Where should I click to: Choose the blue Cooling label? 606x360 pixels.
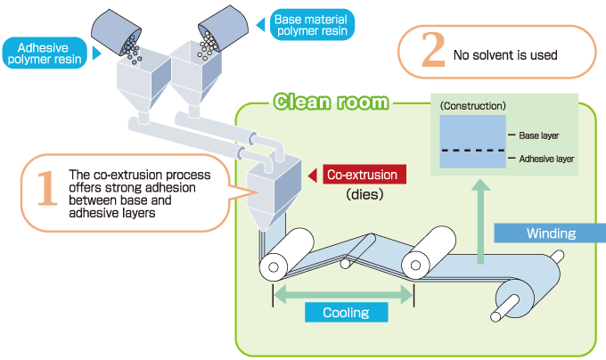pos(345,312)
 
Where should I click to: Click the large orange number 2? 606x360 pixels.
pos(431,52)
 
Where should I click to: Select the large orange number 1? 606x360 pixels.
pos(45,192)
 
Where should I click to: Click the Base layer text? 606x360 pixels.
pos(539,135)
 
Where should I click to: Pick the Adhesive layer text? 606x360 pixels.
pos(546,160)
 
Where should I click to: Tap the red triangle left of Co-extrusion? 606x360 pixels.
pos(313,175)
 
